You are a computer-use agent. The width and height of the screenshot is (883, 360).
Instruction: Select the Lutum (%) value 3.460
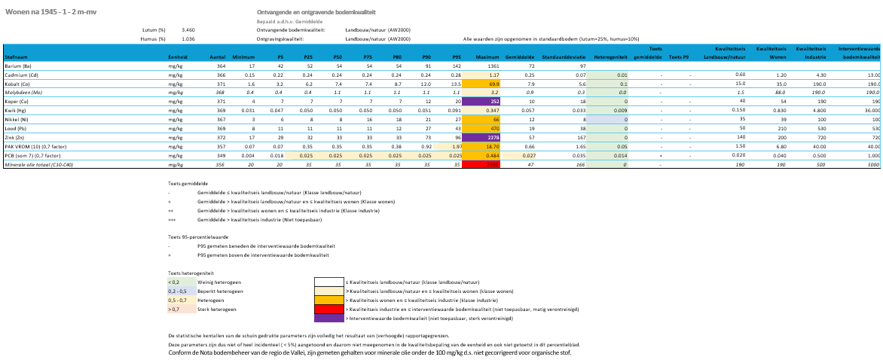click(x=188, y=29)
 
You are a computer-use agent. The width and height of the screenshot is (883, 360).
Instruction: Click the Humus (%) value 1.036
click(x=188, y=38)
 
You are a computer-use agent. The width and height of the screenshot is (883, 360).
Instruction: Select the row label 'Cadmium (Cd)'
click(x=22, y=75)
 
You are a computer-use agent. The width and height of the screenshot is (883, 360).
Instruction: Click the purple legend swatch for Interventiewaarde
click(x=328, y=318)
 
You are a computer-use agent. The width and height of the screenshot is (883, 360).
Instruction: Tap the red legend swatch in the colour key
click(x=328, y=309)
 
